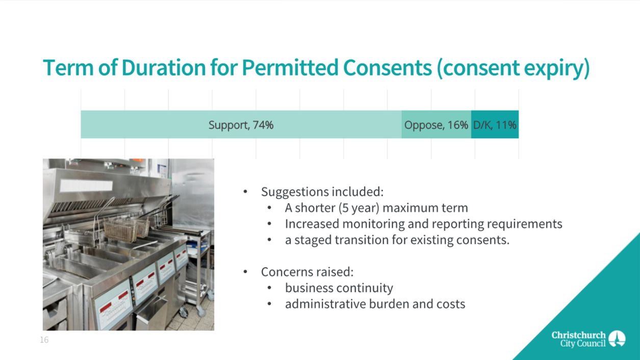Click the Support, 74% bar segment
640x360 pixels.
click(241, 124)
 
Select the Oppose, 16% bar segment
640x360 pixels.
click(437, 124)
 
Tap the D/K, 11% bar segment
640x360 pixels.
click(495, 124)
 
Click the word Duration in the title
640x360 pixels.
click(164, 68)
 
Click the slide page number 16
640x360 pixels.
click(44, 340)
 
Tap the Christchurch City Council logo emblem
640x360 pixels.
click(617, 339)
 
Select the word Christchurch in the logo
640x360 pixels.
click(579, 335)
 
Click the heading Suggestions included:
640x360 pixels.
click(322, 192)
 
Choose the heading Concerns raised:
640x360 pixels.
click(307, 272)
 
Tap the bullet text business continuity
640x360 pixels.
click(339, 288)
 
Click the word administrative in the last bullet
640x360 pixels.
click(325, 304)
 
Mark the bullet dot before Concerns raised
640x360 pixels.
click(245, 272)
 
